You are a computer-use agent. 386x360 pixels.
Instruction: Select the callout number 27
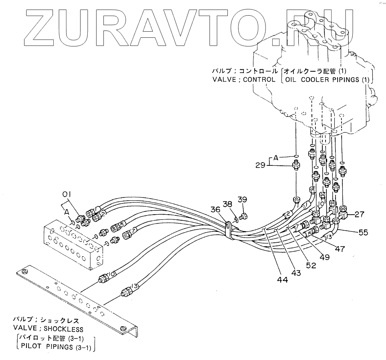tap(359, 214)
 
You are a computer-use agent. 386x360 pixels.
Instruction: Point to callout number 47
tap(340, 249)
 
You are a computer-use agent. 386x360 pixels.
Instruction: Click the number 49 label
tap(324, 257)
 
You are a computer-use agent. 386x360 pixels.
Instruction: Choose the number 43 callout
tap(296, 273)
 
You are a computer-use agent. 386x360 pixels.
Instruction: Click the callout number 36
tap(216, 209)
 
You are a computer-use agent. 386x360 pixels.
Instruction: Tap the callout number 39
tap(242, 199)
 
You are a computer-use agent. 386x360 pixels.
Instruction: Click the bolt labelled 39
tap(244, 217)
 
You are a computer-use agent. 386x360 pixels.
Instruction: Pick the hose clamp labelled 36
tap(228, 227)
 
